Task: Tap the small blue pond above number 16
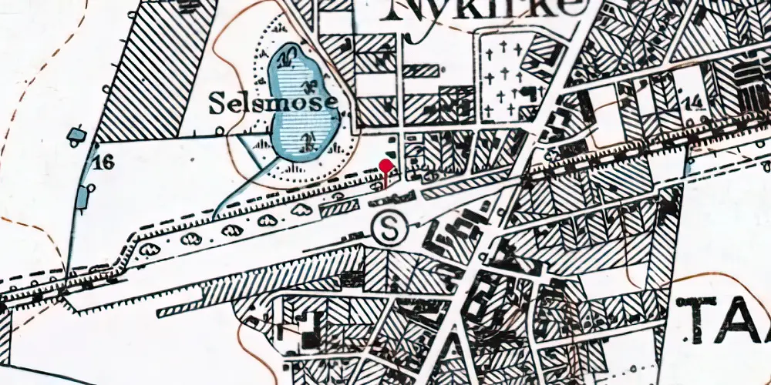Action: (76, 136)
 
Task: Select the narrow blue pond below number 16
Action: (82, 200)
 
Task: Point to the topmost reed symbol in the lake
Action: (288, 55)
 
